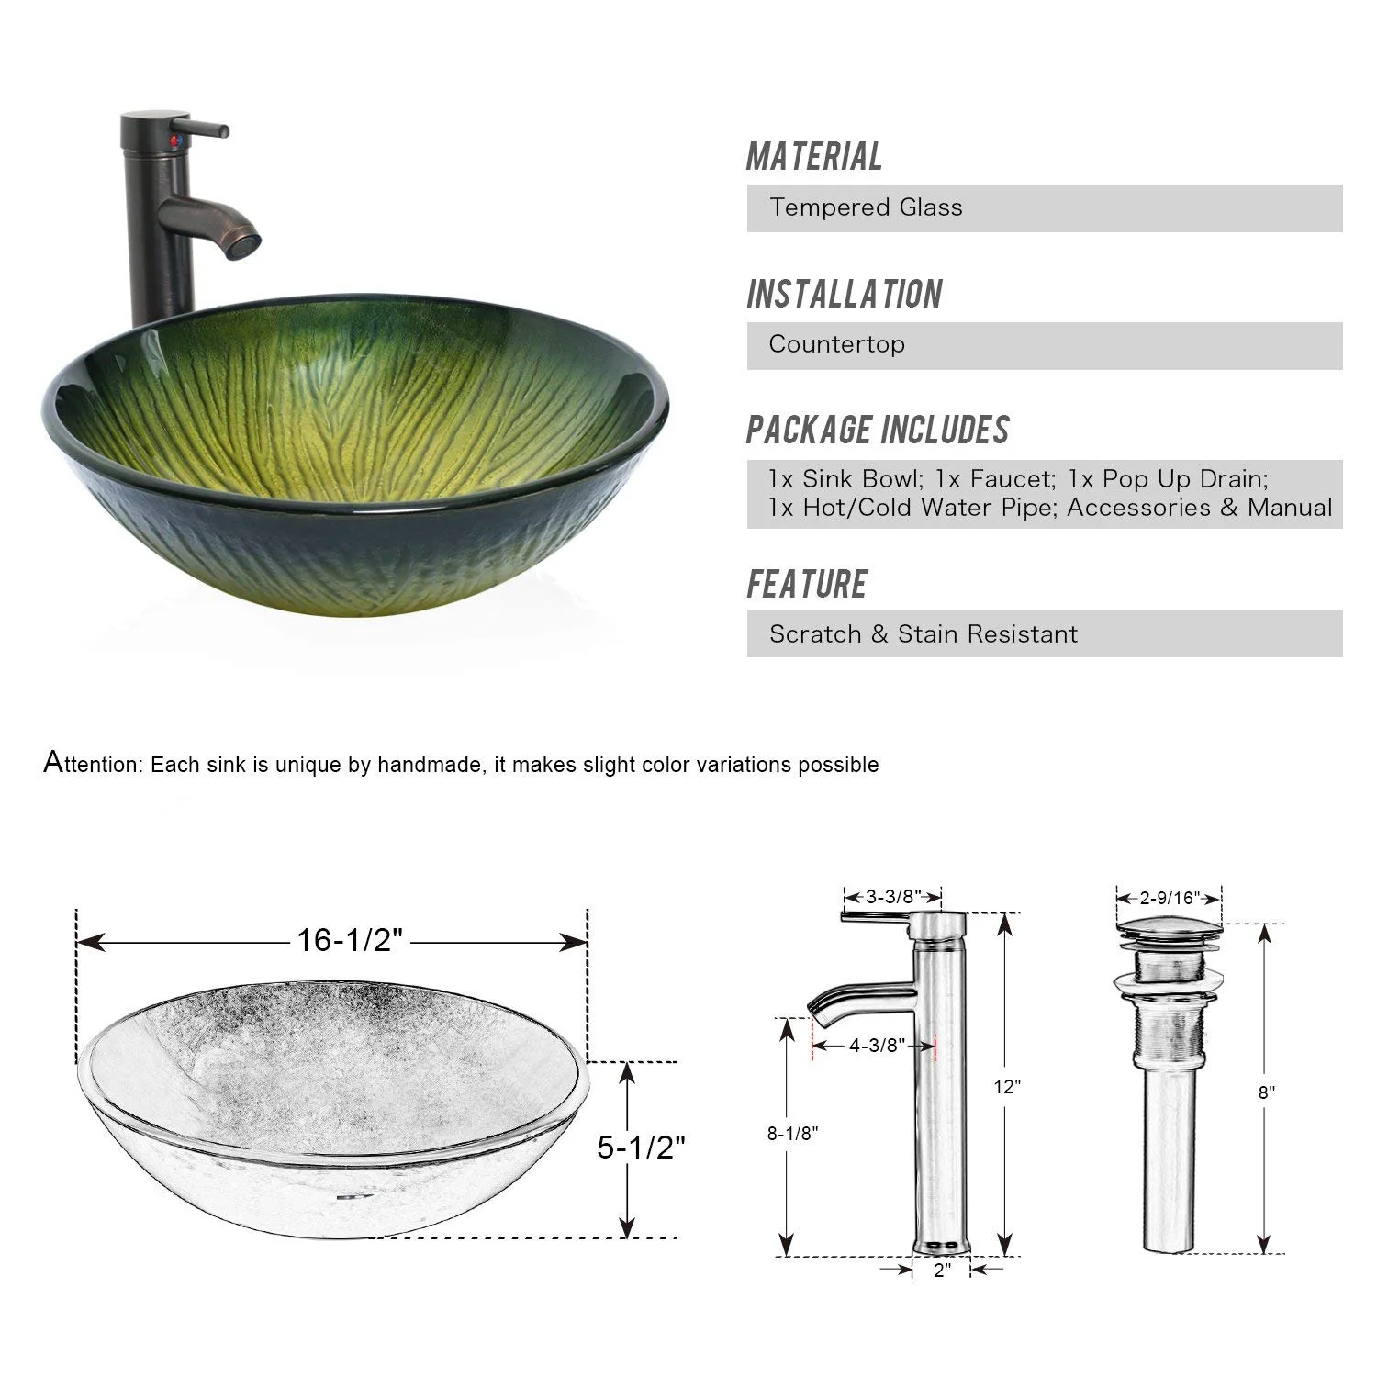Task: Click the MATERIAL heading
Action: (814, 157)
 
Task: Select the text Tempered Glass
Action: (866, 207)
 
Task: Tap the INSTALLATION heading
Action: (845, 295)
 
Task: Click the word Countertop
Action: (837, 344)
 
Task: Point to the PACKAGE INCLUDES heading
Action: (878, 431)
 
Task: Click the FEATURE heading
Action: (807, 585)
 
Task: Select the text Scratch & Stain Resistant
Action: (924, 634)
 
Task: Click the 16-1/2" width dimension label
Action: (350, 940)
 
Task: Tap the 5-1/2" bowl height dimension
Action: (642, 1147)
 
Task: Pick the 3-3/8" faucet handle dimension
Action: (891, 897)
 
